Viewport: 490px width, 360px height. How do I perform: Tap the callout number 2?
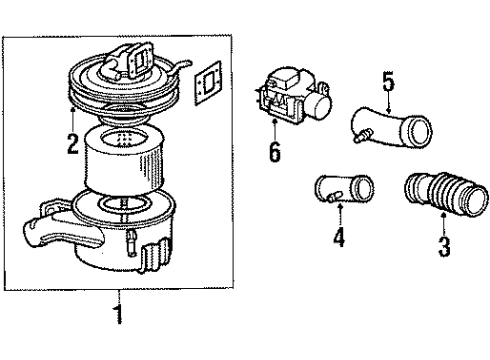(x=71, y=144)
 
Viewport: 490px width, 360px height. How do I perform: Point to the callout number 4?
(x=339, y=241)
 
